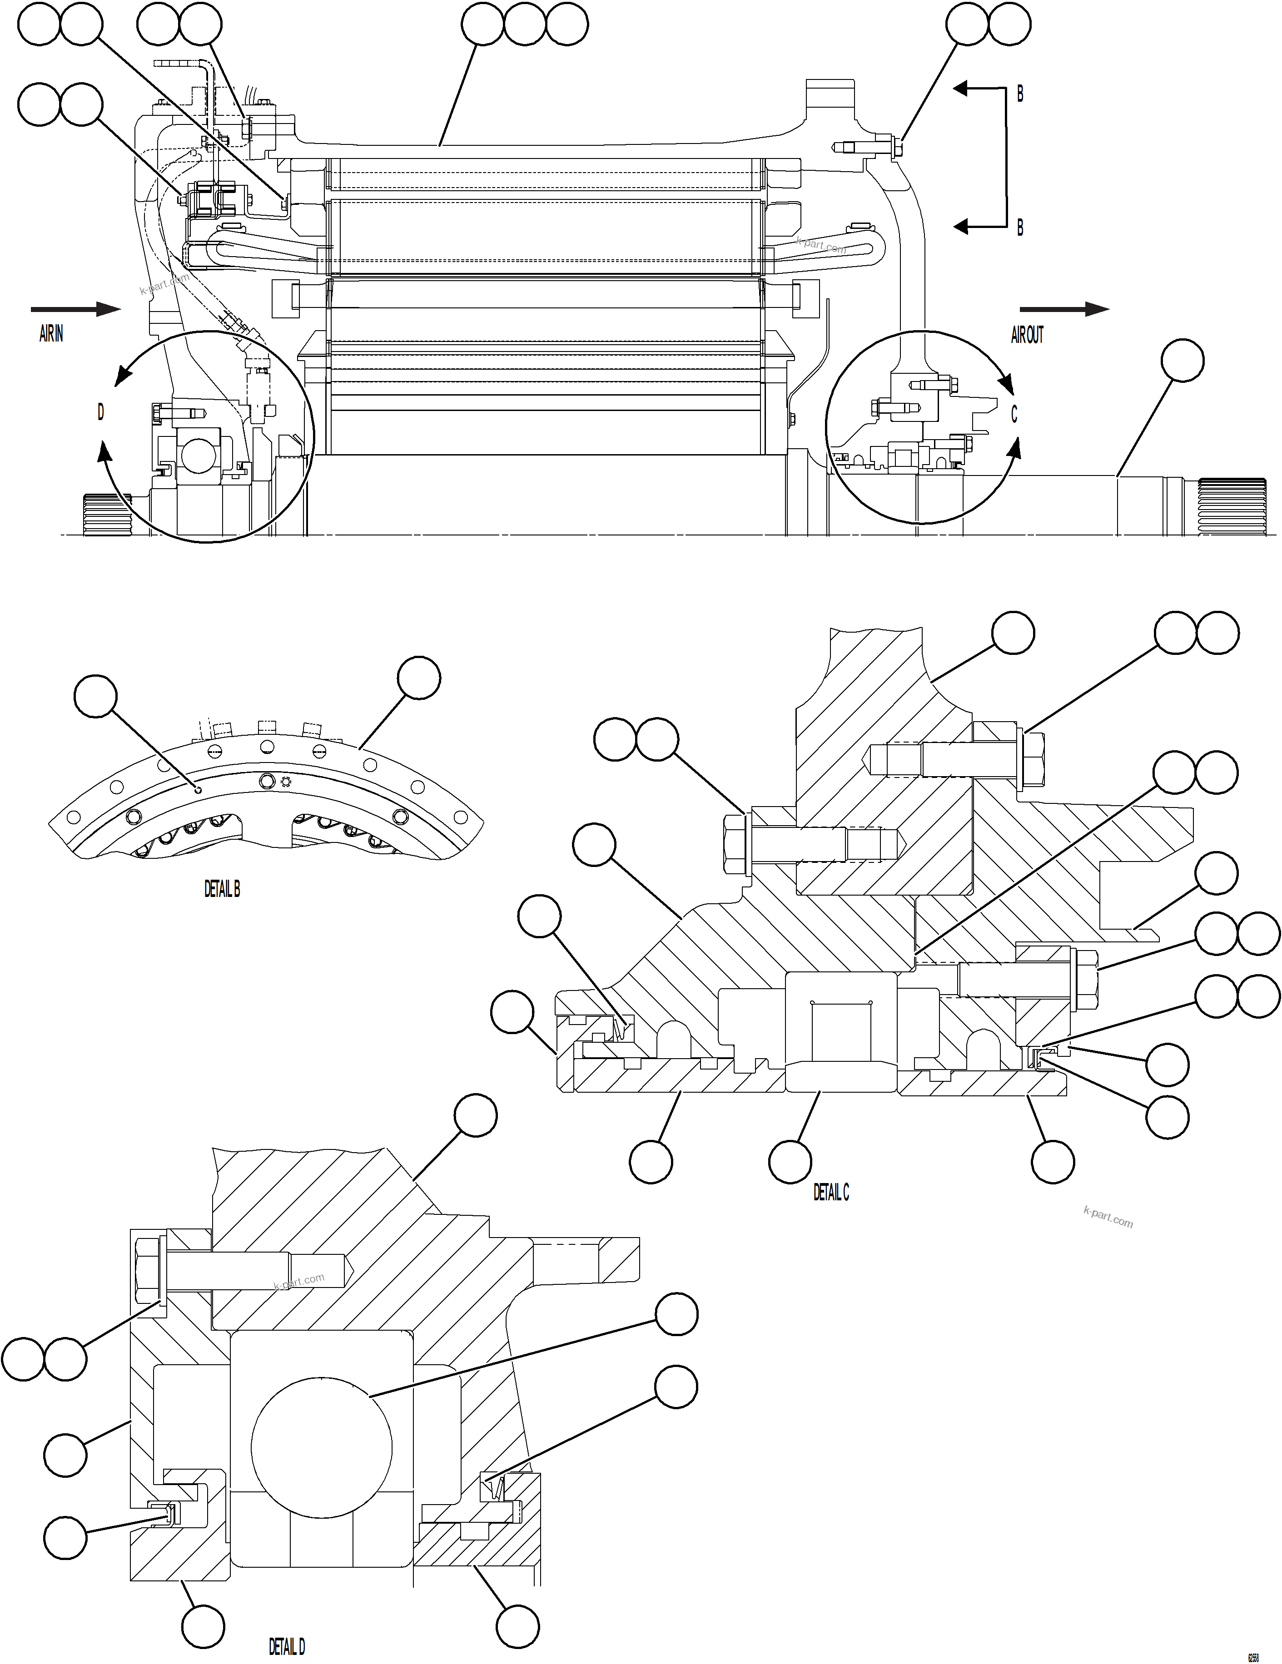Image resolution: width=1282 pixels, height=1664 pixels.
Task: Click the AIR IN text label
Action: (x=51, y=334)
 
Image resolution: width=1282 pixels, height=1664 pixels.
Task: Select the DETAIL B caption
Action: (x=222, y=889)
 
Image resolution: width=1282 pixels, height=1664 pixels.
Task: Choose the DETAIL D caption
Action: (x=287, y=1646)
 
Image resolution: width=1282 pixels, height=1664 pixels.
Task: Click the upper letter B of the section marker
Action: (x=1020, y=94)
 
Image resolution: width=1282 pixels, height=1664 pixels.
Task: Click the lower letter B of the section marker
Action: (x=1020, y=227)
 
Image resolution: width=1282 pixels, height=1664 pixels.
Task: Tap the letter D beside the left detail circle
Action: (x=100, y=412)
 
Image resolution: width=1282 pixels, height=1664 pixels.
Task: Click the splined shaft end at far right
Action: (x=1232, y=506)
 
